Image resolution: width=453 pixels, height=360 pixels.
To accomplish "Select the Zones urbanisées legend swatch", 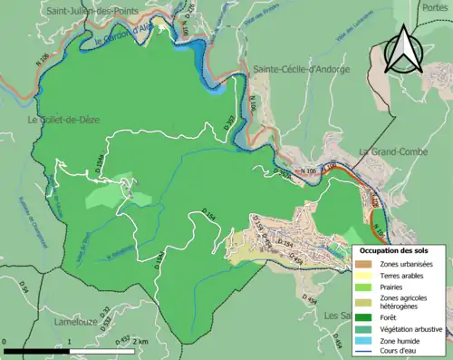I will pos(366,264).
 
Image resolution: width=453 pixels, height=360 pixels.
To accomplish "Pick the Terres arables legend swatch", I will pos(366,274).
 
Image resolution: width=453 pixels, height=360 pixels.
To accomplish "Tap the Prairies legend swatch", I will pos(366,285).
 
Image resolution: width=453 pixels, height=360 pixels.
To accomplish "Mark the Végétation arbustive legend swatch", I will pos(366,328).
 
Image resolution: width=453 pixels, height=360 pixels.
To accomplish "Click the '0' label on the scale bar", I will pos(5,342).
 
